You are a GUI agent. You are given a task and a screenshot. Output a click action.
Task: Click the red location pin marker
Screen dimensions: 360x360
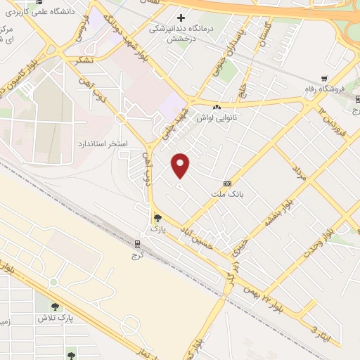click(181, 165)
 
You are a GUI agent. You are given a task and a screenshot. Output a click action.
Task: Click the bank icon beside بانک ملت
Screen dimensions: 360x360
click(226, 183)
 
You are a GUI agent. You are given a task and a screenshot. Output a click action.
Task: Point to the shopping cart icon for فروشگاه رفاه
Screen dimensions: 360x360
click(323, 79)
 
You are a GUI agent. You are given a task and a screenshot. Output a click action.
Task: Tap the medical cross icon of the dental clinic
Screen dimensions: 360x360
click(181, 18)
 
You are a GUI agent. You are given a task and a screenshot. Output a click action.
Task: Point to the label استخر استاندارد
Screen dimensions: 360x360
click(101, 143)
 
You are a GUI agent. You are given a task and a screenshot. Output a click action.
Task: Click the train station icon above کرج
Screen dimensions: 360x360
click(137, 244)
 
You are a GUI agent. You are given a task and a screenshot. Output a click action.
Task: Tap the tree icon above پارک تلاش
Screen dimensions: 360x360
click(56, 307)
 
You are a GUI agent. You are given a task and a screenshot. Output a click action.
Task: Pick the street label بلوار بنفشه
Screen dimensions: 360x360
click(276, 213)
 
